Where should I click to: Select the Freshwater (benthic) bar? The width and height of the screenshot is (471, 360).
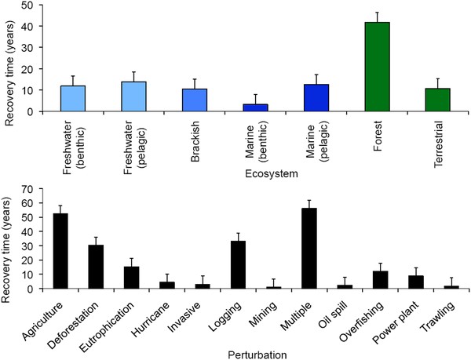click(72, 99)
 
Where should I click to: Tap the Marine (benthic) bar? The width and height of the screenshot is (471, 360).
click(255, 107)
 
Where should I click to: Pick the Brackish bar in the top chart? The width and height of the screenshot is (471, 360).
click(194, 100)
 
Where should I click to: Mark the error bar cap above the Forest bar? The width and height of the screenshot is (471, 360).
click(377, 13)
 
